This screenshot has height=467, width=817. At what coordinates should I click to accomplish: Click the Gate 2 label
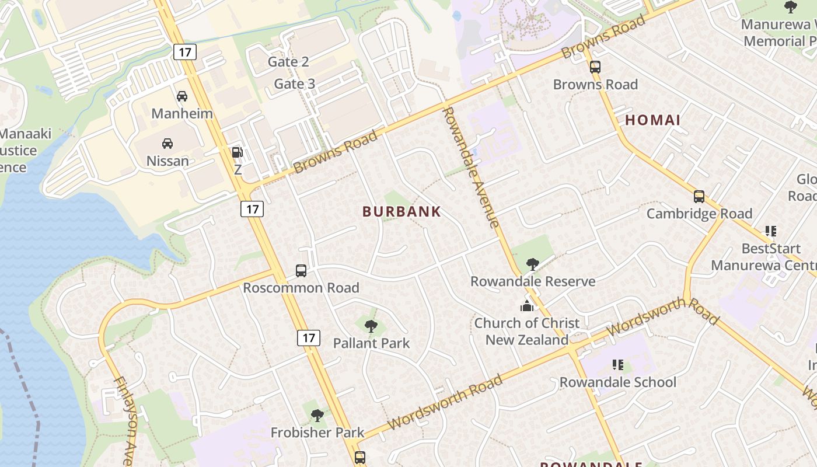point(288,62)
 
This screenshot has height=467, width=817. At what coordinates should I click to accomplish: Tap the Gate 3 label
point(295,84)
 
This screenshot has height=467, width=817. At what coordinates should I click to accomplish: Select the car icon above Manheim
point(182,96)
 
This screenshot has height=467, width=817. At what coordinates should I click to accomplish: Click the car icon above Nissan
point(167,144)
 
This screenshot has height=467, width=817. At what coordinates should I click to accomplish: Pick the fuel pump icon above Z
point(238,153)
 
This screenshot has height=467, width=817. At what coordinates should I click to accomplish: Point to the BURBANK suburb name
point(401,212)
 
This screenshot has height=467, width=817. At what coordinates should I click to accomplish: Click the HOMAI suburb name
point(653,120)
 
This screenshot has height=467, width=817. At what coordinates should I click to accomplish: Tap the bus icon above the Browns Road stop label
point(595,67)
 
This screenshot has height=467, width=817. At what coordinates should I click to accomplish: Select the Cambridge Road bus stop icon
point(699,197)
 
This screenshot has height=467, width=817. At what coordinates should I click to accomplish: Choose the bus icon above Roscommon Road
point(301,271)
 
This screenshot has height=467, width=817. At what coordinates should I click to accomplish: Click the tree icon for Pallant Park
point(371,326)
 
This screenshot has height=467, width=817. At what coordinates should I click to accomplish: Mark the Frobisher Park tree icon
point(317,416)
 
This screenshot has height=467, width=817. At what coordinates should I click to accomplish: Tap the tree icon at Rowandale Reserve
point(532,264)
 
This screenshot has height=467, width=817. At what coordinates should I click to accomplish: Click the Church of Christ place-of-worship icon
point(527,306)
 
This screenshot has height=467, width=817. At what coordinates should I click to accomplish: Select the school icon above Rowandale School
point(618,365)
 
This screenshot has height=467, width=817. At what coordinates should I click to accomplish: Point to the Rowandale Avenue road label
point(471,167)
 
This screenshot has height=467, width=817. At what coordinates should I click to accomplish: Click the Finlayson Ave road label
point(125,420)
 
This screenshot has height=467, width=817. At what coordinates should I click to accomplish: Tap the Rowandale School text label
point(618,382)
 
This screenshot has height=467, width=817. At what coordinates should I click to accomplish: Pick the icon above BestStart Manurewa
point(771,232)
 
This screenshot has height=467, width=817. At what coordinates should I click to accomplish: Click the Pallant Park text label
point(372,343)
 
